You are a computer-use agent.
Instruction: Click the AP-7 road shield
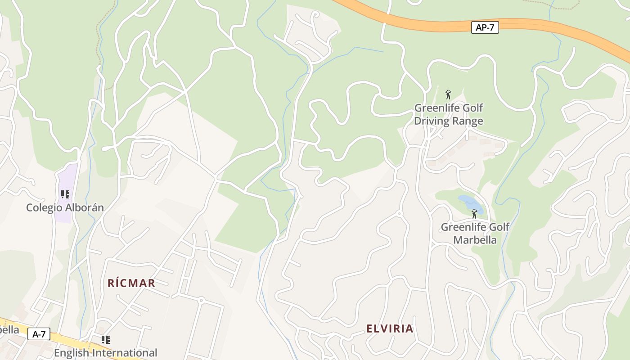coord(485,27)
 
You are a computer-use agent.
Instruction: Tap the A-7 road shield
coord(39,334)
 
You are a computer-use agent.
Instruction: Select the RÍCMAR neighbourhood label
coord(131,283)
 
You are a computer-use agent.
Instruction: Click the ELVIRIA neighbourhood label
coord(390,328)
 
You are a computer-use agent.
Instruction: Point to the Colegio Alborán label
coord(65,207)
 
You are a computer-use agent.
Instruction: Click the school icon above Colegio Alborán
coord(65,194)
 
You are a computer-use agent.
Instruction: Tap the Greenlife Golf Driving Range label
coord(448,114)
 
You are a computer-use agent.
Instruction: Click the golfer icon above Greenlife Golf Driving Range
coord(448,94)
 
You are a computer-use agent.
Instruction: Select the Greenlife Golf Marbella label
coord(475,233)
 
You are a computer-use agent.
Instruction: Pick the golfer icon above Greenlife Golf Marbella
coord(474,213)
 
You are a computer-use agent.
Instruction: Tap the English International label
coord(106,353)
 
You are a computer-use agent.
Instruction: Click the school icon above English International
coord(105,340)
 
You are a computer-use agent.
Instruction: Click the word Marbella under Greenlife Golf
coord(475,240)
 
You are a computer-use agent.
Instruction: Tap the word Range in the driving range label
coord(468,121)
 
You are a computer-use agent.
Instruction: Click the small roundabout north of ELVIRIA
coord(399,214)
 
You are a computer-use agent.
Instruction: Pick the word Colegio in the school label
coord(45,207)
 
